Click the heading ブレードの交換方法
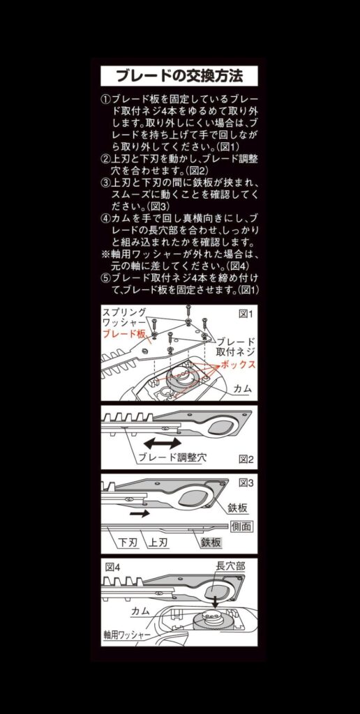[179, 75]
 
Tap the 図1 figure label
[245, 314]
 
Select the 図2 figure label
[246, 459]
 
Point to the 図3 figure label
[246, 483]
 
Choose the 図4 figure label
[112, 567]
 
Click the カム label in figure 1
[243, 390]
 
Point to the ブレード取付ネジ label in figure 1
[236, 346]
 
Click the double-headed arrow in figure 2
[163, 443]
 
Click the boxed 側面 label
[241, 526]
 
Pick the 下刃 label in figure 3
[128, 542]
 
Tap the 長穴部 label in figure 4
[230, 566]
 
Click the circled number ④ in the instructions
[105, 217]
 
